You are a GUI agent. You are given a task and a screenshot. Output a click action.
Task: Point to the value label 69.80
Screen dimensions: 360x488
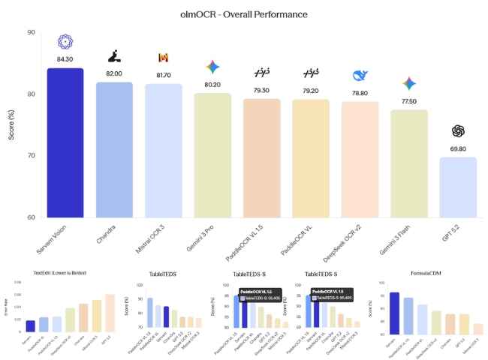(x=457, y=149)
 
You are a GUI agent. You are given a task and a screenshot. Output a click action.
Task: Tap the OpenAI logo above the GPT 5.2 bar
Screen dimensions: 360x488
(x=457, y=131)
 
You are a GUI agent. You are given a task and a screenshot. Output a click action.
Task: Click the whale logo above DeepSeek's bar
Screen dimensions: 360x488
(x=360, y=76)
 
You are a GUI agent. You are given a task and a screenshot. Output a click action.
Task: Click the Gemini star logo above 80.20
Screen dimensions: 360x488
(x=212, y=67)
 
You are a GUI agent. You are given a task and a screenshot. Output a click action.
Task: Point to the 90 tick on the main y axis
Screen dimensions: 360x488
(x=30, y=32)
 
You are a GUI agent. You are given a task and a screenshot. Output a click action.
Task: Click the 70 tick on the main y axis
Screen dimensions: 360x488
(x=30, y=155)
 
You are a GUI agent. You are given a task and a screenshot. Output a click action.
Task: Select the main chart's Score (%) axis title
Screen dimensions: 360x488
(x=11, y=124)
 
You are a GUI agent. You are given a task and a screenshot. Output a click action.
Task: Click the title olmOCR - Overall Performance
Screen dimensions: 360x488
(x=243, y=13)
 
